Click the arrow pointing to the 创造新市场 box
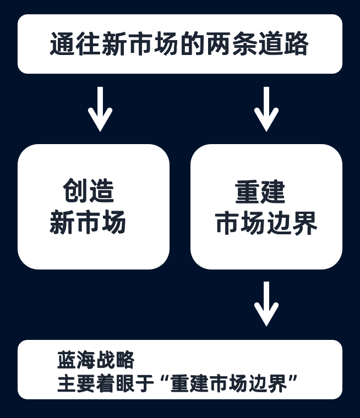100,109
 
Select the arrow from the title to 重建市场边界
266,109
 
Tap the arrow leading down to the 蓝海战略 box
266,304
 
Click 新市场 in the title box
140,44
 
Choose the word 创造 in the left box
88,191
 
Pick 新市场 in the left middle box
88,222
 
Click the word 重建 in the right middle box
260,191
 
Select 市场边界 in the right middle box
266,223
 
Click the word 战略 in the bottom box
115,360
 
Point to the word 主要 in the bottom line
77,383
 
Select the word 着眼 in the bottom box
115,383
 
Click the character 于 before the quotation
144,383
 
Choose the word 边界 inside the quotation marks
268,383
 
